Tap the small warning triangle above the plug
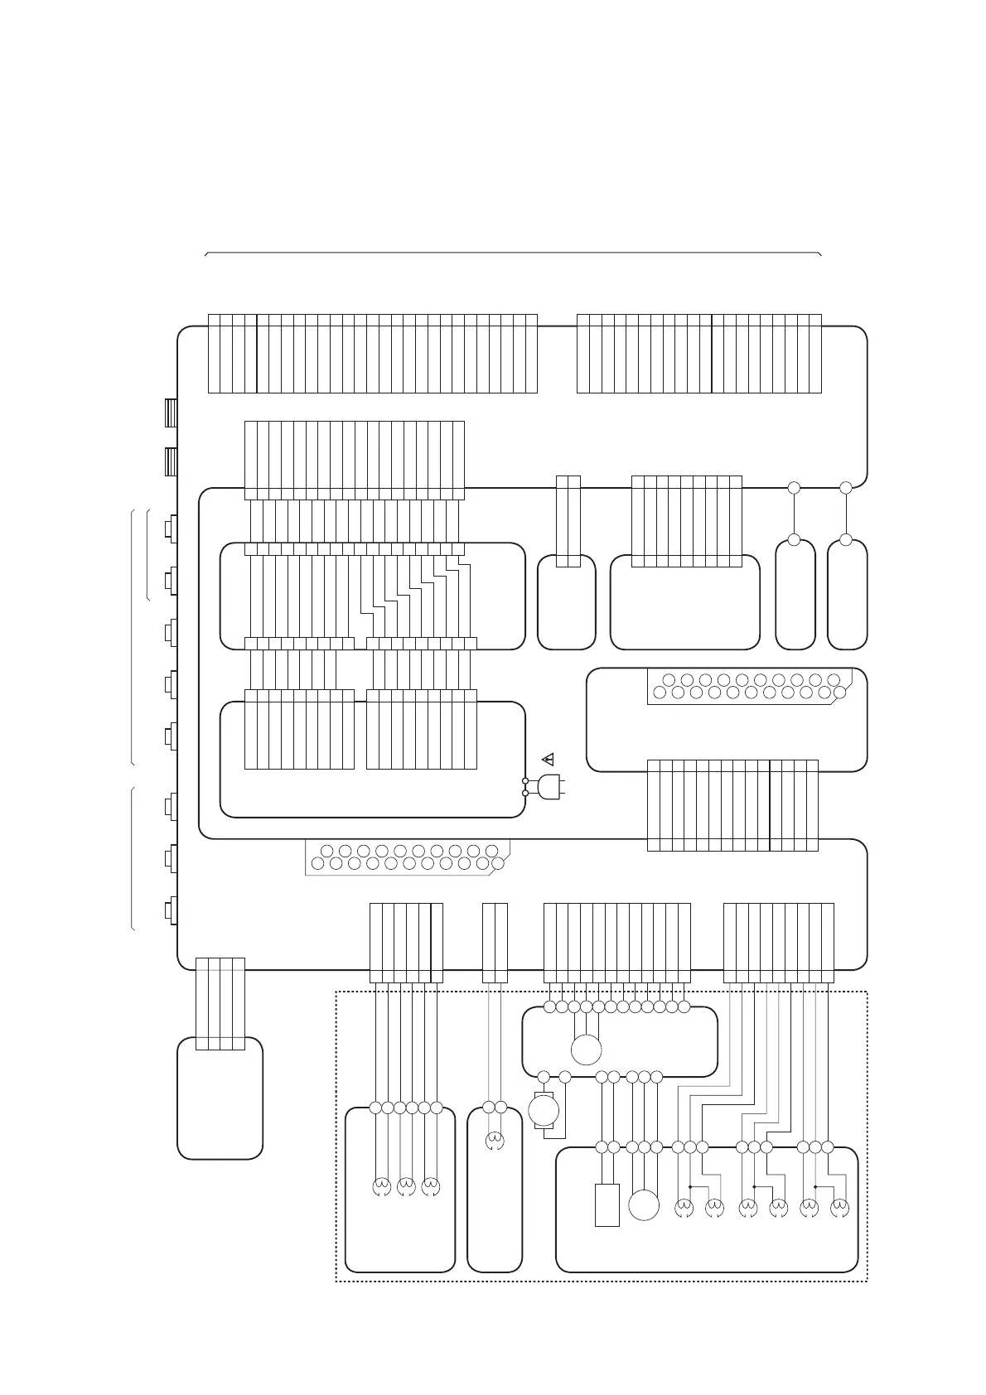coord(547,758)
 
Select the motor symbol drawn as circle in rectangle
coord(544,1110)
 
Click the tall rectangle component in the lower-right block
coord(607,1204)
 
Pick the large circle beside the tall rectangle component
coord(644,1205)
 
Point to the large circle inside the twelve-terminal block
coord(586,1050)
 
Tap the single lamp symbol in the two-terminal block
coord(495,1143)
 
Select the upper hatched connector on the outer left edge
coord(170,413)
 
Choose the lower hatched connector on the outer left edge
coord(170,461)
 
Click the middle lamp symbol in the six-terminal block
coord(406,1188)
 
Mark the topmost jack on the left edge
coord(172,528)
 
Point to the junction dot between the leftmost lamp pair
coord(690,1186)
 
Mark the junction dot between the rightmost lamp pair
coord(816,1186)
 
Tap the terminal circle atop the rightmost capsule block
coord(846,540)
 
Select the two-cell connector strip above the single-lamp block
coord(495,943)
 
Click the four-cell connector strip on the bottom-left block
coord(220,1003)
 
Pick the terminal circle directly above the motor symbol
coord(544,1077)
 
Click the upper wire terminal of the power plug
coord(525,781)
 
